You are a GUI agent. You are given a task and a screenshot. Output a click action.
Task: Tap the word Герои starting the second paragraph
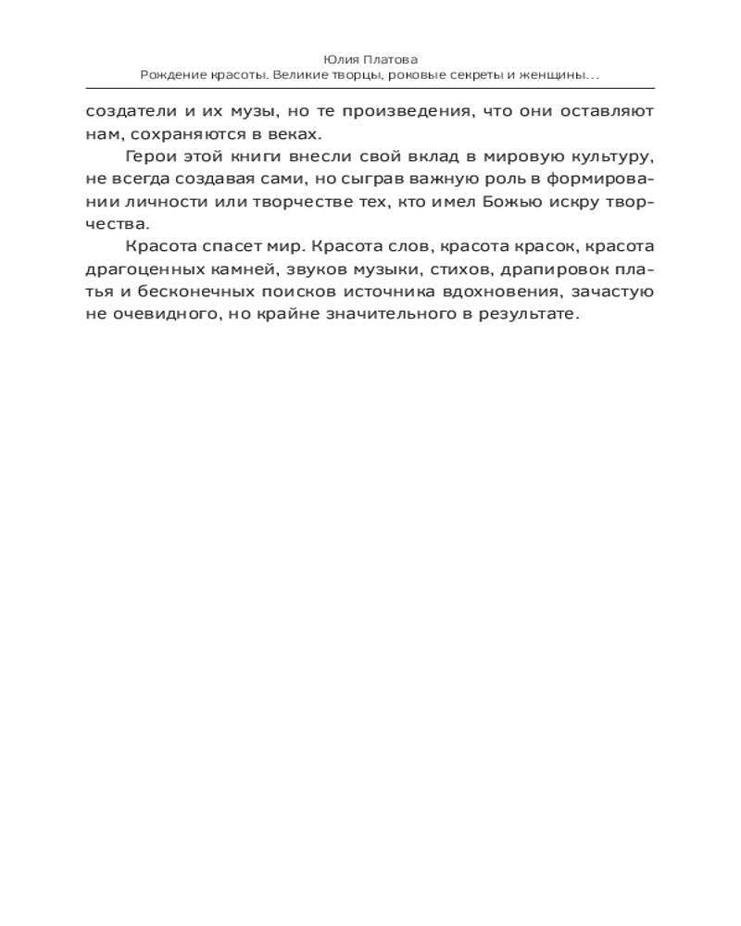(149, 156)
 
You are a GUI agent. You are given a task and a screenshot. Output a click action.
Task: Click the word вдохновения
(501, 292)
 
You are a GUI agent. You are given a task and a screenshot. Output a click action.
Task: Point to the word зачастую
(614, 292)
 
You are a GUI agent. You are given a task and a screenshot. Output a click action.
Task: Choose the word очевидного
(157, 315)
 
